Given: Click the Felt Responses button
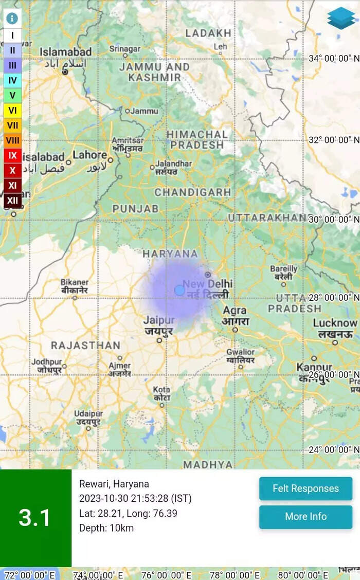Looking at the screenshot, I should point(305,488).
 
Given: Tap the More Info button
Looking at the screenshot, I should point(305,517).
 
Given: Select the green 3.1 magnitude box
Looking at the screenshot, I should point(35,518).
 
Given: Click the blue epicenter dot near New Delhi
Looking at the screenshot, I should point(179,290).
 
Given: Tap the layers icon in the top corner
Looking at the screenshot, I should point(341,19).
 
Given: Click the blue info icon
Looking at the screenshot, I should point(12,19).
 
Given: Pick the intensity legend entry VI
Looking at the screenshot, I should point(12,110).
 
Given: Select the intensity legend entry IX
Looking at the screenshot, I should point(12,155).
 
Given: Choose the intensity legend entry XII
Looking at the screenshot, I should point(12,200).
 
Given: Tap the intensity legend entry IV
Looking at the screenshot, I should point(12,80).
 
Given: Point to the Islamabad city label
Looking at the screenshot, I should point(66,52).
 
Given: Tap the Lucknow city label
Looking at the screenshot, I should point(335,323).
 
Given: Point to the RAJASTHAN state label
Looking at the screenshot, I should point(85,345).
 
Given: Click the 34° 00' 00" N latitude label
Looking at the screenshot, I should point(333,59).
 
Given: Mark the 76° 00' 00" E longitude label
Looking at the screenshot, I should point(166,575).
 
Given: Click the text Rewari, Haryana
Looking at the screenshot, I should point(114,484).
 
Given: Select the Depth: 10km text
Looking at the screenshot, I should point(106,528).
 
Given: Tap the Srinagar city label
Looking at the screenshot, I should point(124,49).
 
